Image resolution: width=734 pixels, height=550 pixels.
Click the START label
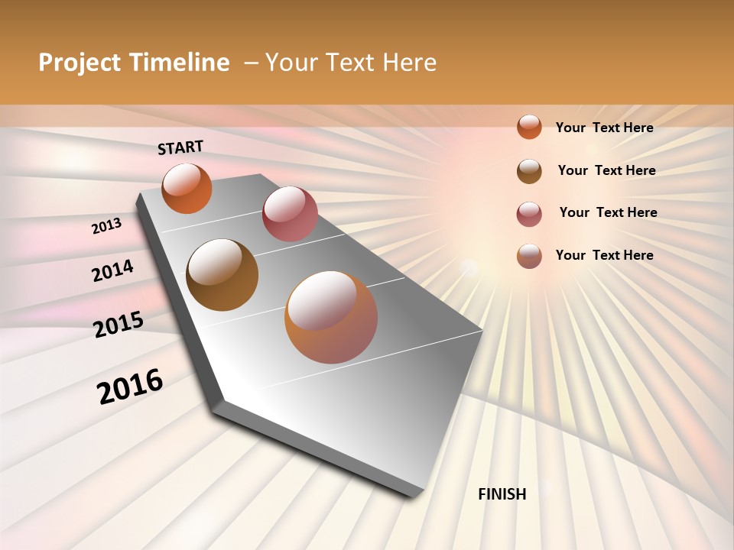click(180, 147)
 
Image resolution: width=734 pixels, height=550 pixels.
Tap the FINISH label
click(502, 494)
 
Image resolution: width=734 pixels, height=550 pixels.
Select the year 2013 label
click(107, 226)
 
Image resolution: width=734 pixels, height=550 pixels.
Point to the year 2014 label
click(112, 270)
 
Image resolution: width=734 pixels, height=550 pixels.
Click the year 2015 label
click(119, 325)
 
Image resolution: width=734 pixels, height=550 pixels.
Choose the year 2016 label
click(130, 387)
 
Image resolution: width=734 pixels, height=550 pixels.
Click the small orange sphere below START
click(187, 188)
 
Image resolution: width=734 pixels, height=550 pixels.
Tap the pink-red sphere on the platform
click(290, 214)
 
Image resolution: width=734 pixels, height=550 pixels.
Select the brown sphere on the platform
click(222, 275)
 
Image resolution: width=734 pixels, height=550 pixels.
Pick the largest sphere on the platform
click(331, 317)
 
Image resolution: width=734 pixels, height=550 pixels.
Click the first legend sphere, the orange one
click(529, 127)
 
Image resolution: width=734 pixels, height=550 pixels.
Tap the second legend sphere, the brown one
click(529, 170)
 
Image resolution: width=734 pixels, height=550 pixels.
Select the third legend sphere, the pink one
click(529, 214)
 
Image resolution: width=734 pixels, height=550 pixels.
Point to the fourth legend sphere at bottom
click(529, 256)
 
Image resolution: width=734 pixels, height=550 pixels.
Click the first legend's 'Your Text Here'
click(604, 128)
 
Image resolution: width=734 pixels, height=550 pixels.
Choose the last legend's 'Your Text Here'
click(604, 255)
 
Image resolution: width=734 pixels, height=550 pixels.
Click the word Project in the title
click(79, 63)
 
